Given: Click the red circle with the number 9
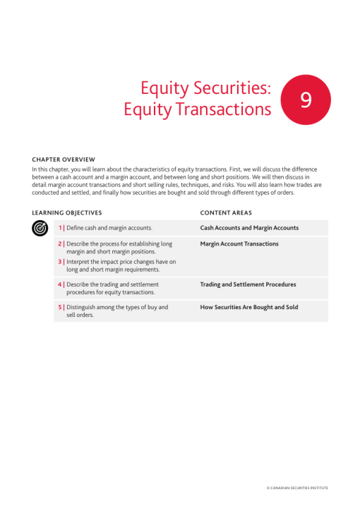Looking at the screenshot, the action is (x=306, y=100).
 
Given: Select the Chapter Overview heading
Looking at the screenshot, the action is (x=64, y=160).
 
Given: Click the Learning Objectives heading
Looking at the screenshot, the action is (x=67, y=213).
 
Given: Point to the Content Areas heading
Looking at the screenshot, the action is (x=226, y=213).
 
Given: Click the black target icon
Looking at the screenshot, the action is (x=40, y=228).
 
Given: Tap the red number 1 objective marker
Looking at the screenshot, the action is (x=60, y=228).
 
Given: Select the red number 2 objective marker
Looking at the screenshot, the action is (x=60, y=244).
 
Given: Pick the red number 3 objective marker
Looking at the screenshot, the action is (x=60, y=262).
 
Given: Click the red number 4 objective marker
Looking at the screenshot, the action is (x=60, y=284).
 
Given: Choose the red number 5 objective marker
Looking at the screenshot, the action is (x=60, y=307).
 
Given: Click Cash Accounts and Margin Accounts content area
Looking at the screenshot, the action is (x=249, y=228).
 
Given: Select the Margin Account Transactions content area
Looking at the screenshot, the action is (x=239, y=244).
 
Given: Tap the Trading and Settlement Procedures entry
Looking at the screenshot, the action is (x=248, y=284).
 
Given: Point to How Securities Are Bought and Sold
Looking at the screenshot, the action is (x=249, y=307).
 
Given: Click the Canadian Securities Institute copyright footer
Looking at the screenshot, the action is (x=297, y=488).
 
